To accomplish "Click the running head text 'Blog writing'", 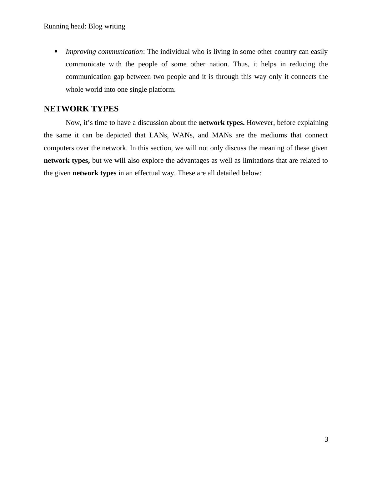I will tap(107, 26).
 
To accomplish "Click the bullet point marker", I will tap(56, 51).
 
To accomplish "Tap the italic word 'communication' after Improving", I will tap(120, 52).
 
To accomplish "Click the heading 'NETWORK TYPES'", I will tap(81, 109).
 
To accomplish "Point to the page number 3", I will tap(326, 439).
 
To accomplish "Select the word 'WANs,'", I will tap(182, 135).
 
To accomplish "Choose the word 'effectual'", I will tap(147, 173).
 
